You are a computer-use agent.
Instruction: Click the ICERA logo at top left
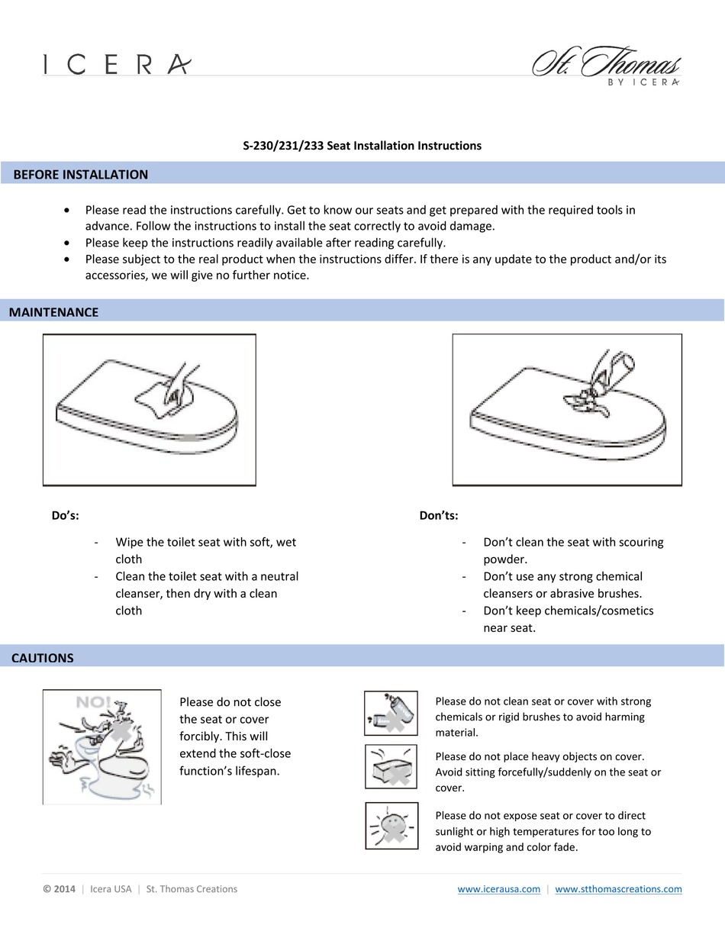click(x=116, y=64)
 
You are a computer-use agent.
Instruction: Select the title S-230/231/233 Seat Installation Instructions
click(x=362, y=146)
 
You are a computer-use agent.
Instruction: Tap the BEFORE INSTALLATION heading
click(x=80, y=175)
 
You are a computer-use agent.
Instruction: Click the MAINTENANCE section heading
click(x=53, y=312)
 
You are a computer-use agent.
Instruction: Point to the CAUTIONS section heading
click(x=43, y=658)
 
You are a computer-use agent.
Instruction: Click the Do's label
click(x=65, y=515)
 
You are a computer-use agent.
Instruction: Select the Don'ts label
click(x=439, y=515)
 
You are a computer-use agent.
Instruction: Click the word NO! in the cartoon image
click(x=93, y=701)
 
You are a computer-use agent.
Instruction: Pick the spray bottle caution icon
click(x=391, y=713)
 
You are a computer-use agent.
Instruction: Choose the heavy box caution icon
click(x=391, y=767)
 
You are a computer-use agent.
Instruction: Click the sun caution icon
click(x=391, y=826)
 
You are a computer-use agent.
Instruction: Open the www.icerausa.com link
click(x=499, y=889)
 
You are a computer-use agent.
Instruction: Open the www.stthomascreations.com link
click(x=618, y=889)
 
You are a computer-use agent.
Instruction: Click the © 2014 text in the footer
click(x=60, y=889)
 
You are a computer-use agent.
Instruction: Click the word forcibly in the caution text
click(x=202, y=737)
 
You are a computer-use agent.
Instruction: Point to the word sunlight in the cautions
click(x=458, y=831)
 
